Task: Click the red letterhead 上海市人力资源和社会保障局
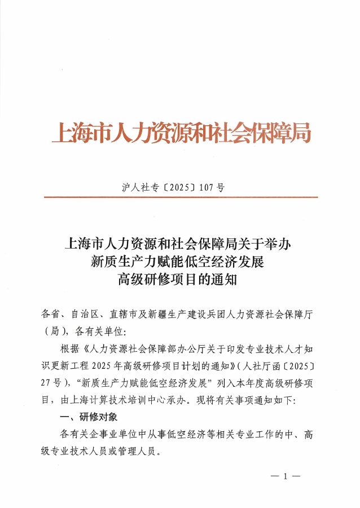[x=181, y=134]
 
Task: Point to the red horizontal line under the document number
[x=181, y=197]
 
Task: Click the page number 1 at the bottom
[x=286, y=476]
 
